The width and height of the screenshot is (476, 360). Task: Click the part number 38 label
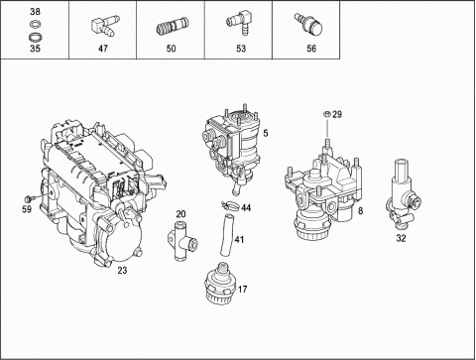click(35, 12)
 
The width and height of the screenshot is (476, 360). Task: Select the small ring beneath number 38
click(35, 24)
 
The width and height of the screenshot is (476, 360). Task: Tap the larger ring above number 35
click(35, 36)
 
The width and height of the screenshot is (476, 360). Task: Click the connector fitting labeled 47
click(103, 27)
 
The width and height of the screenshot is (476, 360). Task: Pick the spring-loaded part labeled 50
click(173, 27)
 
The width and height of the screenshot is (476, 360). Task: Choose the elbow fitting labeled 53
click(239, 23)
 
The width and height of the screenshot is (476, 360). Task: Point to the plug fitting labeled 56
click(309, 24)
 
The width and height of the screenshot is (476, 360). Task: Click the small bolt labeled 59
click(29, 198)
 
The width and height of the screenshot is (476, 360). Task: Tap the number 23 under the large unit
click(122, 271)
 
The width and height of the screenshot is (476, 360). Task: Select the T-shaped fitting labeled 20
click(182, 241)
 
